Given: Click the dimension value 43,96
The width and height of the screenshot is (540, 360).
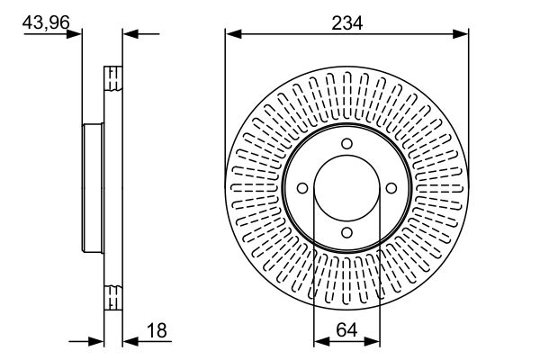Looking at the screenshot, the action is (x=46, y=22).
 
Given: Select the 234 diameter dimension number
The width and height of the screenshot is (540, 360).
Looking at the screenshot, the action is (x=346, y=23).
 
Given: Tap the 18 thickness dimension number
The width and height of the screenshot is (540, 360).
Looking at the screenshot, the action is (x=157, y=330).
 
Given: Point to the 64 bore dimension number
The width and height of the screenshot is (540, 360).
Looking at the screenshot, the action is (x=346, y=330).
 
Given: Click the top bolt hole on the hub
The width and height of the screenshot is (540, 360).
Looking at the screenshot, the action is (x=346, y=144).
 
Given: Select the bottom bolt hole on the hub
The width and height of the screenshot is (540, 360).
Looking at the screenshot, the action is (x=346, y=233).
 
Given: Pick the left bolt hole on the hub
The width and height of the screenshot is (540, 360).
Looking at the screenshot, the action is (x=302, y=188).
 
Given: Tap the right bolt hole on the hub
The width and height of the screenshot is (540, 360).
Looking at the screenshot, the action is (x=391, y=188).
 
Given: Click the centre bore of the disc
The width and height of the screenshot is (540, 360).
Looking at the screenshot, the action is (x=346, y=188).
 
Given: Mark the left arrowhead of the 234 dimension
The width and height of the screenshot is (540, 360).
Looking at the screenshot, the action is (x=233, y=34).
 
